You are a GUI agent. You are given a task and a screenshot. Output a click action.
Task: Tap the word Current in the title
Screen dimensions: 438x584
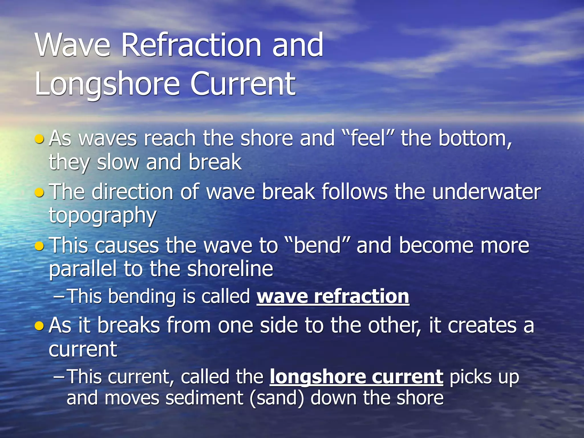coord(243,84)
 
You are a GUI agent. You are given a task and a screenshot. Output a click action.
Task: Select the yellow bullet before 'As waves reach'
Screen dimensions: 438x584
coord(39,139)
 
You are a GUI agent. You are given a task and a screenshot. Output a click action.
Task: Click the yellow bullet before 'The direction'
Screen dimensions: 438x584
coord(39,193)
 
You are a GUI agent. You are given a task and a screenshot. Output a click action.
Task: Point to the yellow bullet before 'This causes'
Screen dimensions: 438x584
coord(39,246)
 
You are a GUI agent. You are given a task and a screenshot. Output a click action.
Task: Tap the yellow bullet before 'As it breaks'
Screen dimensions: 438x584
coord(39,326)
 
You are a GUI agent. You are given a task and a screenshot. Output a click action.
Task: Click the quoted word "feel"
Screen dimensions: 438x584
coord(368,139)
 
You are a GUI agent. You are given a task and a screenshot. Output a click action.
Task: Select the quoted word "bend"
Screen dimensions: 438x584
coord(317,246)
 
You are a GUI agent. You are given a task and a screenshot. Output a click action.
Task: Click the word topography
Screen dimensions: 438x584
coord(103,216)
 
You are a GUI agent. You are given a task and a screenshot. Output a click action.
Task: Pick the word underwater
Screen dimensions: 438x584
coord(486,192)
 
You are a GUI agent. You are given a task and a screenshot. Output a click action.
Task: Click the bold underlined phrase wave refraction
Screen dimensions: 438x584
coord(333,297)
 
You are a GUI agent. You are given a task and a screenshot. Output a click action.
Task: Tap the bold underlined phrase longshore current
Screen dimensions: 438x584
coord(356,377)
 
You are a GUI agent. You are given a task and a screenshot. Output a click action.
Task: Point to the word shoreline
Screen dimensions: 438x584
coord(230,269)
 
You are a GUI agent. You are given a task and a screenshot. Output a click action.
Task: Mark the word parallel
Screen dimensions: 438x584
coord(83,269)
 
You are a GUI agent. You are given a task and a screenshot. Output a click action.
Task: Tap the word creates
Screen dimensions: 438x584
coord(482,326)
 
